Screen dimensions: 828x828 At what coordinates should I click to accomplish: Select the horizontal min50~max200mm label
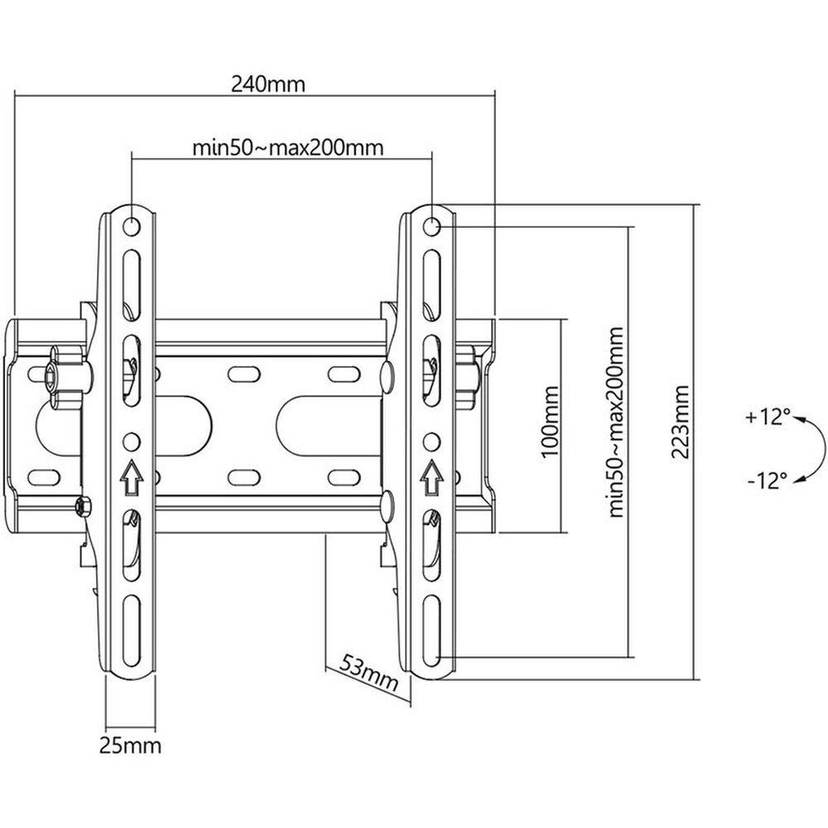click(287, 148)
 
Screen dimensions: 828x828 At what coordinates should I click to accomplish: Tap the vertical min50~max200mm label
click(615, 421)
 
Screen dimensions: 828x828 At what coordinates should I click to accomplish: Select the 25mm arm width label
click(129, 748)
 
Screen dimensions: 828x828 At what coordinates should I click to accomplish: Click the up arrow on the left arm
click(131, 474)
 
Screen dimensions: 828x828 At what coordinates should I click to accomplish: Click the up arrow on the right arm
click(431, 474)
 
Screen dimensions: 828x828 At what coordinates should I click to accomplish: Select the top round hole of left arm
click(131, 224)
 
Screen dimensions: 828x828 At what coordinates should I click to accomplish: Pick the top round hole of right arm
click(431, 224)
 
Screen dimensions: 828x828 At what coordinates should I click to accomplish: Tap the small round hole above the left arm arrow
click(131, 438)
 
